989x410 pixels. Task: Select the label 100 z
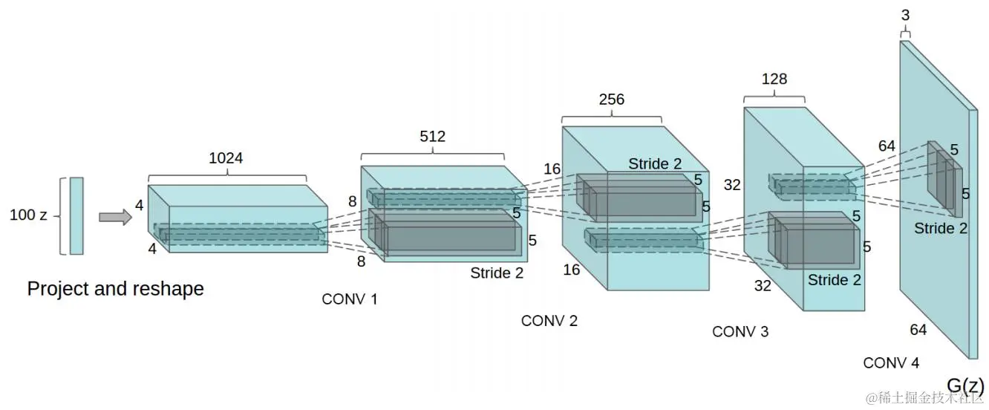28,215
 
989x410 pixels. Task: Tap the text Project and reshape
115,288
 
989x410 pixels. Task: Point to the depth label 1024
226,158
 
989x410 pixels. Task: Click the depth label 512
432,137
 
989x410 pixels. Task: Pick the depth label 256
612,100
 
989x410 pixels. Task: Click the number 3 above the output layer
904,15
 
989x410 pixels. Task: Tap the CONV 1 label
350,299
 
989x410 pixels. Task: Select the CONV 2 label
549,321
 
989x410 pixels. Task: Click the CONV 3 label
740,331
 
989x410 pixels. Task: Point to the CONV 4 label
891,363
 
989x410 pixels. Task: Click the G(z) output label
965,385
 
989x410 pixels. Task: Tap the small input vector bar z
76,215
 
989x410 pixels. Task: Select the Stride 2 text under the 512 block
497,273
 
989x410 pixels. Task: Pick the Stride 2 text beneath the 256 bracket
655,163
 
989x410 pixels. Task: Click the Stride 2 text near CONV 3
835,280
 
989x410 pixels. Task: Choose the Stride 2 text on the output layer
941,228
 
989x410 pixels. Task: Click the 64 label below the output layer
918,330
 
